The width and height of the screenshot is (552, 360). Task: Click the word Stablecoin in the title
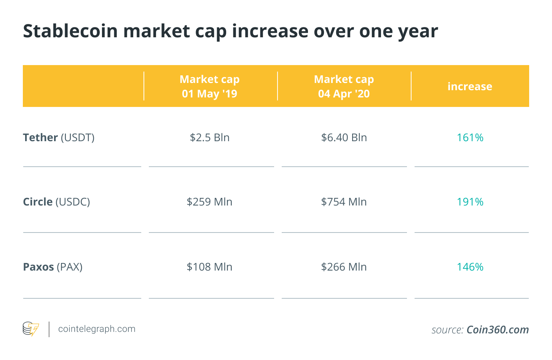70,31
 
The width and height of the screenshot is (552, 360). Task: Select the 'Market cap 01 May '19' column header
209,86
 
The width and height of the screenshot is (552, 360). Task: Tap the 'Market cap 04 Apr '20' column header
344,86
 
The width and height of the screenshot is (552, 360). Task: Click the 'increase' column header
470,86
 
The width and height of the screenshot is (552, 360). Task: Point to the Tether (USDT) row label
59,137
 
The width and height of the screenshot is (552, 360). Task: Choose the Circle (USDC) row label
56,202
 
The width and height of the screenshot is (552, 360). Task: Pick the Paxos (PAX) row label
53,267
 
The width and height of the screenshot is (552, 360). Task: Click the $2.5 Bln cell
209,137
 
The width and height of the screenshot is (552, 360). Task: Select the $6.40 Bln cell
344,137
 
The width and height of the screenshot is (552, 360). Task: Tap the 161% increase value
470,137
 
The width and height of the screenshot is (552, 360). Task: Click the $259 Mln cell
209,202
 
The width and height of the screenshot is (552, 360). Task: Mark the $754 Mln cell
344,202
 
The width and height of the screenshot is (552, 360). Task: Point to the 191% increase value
470,202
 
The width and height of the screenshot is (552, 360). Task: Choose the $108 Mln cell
209,267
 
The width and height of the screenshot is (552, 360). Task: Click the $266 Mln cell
344,267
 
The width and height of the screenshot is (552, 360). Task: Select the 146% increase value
470,267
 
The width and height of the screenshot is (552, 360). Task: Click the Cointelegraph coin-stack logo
31,329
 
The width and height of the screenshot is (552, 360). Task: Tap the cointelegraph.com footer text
97,329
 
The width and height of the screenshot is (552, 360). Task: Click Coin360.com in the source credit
498,330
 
